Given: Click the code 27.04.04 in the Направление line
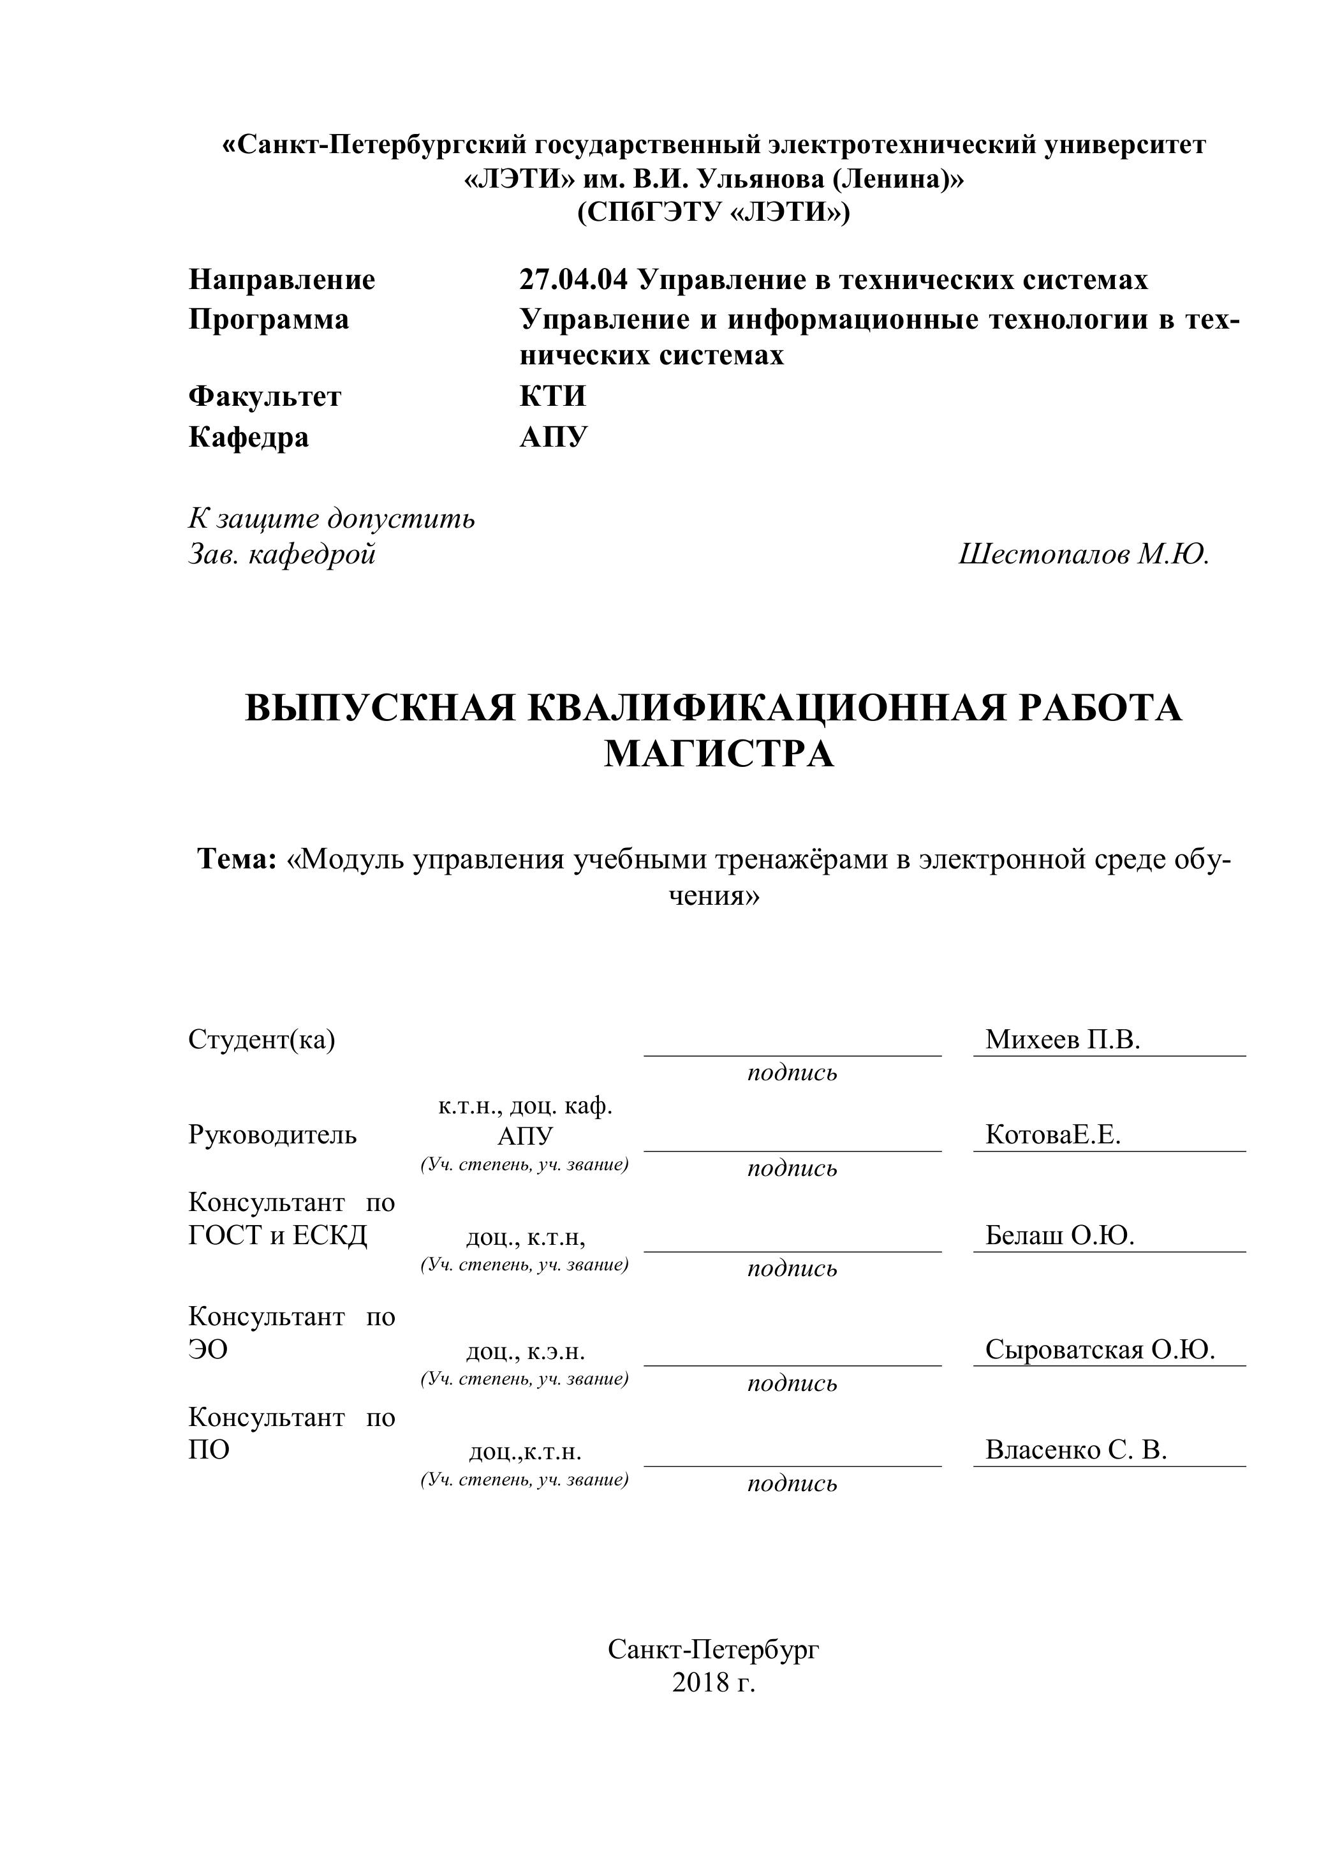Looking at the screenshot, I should point(573,280).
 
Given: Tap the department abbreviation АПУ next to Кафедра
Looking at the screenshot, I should point(553,438).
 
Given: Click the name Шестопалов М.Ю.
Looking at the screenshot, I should point(1084,555).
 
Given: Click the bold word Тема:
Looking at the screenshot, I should point(238,859).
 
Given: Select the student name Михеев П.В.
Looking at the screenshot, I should point(1063,1040).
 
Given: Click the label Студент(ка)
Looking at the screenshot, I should point(262,1040).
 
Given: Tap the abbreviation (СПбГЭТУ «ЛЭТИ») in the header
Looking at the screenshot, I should point(713,213).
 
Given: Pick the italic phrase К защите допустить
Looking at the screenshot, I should point(332,518).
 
